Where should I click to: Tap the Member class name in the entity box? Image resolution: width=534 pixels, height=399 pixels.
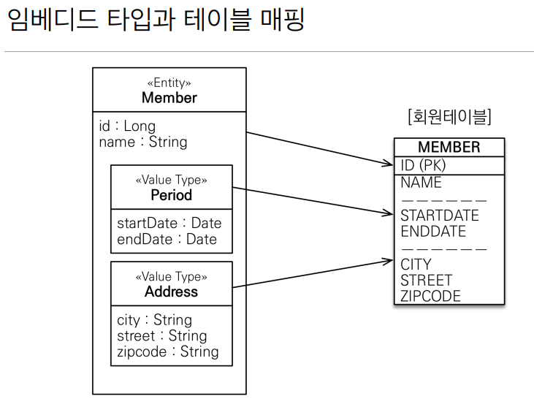tap(169, 98)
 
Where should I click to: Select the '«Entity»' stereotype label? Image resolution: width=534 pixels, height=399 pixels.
tap(169, 83)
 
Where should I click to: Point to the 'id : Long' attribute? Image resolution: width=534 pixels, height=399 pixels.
tap(127, 126)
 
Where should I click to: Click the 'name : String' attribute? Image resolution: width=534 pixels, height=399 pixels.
tap(143, 142)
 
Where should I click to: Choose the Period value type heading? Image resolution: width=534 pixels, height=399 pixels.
tap(171, 195)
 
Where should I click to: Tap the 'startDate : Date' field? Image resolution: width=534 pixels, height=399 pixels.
tap(169, 223)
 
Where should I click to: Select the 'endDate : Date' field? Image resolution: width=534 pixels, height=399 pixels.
tap(167, 239)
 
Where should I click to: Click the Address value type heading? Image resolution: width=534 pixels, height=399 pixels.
tap(171, 292)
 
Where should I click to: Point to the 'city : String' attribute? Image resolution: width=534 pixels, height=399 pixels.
tap(154, 320)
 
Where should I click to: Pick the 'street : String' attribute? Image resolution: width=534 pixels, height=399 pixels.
tap(161, 336)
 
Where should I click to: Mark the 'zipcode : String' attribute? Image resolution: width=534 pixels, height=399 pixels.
tap(167, 351)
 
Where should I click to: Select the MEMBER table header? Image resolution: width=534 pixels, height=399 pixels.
tap(449, 147)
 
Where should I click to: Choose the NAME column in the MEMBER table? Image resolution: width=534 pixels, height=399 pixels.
tap(421, 182)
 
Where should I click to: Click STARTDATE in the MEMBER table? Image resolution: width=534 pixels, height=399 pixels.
tap(439, 216)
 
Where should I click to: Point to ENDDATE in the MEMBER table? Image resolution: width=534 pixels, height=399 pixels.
tap(433, 232)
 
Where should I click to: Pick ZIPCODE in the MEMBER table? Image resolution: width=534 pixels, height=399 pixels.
tap(430, 296)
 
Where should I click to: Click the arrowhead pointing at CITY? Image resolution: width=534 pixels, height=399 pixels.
tap(389, 259)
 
